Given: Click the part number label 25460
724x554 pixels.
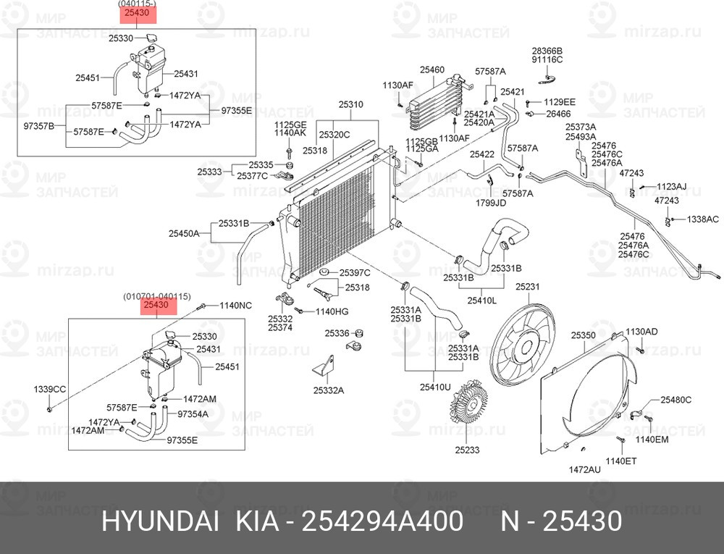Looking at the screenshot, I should click(432, 70).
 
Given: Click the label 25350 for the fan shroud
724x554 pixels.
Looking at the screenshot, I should click(582, 335).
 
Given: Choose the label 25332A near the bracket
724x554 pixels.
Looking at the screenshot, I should click(328, 390).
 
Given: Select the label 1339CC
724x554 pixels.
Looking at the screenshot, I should click(50, 390).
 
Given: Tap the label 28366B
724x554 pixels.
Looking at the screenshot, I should click(547, 51).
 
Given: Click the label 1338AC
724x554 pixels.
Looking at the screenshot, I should click(702, 219).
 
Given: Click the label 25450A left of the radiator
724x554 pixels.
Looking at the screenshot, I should click(184, 233).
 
